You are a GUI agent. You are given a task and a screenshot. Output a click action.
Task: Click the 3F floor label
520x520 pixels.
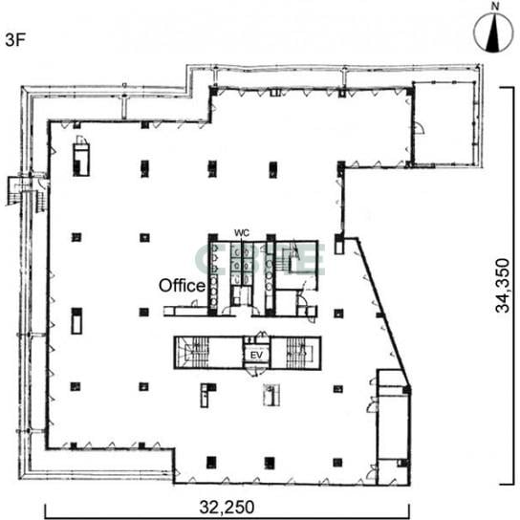15,40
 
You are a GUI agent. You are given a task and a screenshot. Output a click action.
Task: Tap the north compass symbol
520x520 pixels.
493,33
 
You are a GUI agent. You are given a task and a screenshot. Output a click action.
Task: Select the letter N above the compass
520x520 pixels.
495,7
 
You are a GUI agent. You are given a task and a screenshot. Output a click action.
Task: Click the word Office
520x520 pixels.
182,286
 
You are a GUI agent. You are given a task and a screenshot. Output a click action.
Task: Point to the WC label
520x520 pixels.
242,233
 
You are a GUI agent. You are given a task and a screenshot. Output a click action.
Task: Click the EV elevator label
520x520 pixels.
256,356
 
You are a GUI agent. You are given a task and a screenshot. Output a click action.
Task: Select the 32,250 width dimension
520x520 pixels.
227,507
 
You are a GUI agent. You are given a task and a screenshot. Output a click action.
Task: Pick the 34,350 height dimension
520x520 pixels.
503,286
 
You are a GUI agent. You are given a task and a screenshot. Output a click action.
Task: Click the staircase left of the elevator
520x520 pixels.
192,353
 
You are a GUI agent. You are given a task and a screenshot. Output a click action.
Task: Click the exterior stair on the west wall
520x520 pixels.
28,192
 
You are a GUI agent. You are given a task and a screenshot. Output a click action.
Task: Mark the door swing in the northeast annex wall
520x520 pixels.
420,128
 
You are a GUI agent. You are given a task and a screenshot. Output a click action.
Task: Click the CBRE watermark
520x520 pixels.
260,260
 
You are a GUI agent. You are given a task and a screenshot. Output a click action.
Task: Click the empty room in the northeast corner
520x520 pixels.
444,123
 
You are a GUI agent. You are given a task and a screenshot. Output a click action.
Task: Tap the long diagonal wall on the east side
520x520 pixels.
383,313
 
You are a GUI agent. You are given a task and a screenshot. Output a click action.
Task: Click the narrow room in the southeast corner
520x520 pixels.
394,428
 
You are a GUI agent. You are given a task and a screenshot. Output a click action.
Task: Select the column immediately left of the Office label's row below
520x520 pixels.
143,313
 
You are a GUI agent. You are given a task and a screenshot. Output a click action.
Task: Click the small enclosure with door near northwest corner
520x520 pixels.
80,157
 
